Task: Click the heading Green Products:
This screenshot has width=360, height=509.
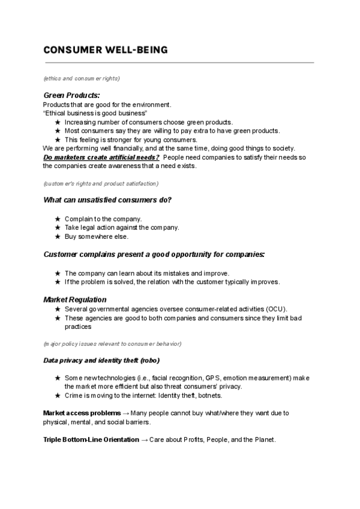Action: tap(71, 95)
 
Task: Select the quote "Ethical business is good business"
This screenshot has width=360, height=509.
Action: tap(95, 113)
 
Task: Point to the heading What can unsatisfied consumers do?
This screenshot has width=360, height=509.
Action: tap(107, 200)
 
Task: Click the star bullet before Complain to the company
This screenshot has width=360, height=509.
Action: tap(57, 219)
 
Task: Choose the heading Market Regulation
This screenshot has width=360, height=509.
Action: tap(75, 299)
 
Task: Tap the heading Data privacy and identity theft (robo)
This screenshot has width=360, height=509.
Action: tap(101, 361)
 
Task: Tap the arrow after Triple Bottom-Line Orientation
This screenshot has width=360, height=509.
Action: tap(144, 440)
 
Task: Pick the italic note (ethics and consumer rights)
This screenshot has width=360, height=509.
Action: tap(82, 79)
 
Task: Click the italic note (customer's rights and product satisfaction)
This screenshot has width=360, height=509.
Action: tap(101, 183)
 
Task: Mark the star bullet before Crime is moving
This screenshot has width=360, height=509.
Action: tap(57, 396)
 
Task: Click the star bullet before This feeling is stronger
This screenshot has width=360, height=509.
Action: tap(57, 139)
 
